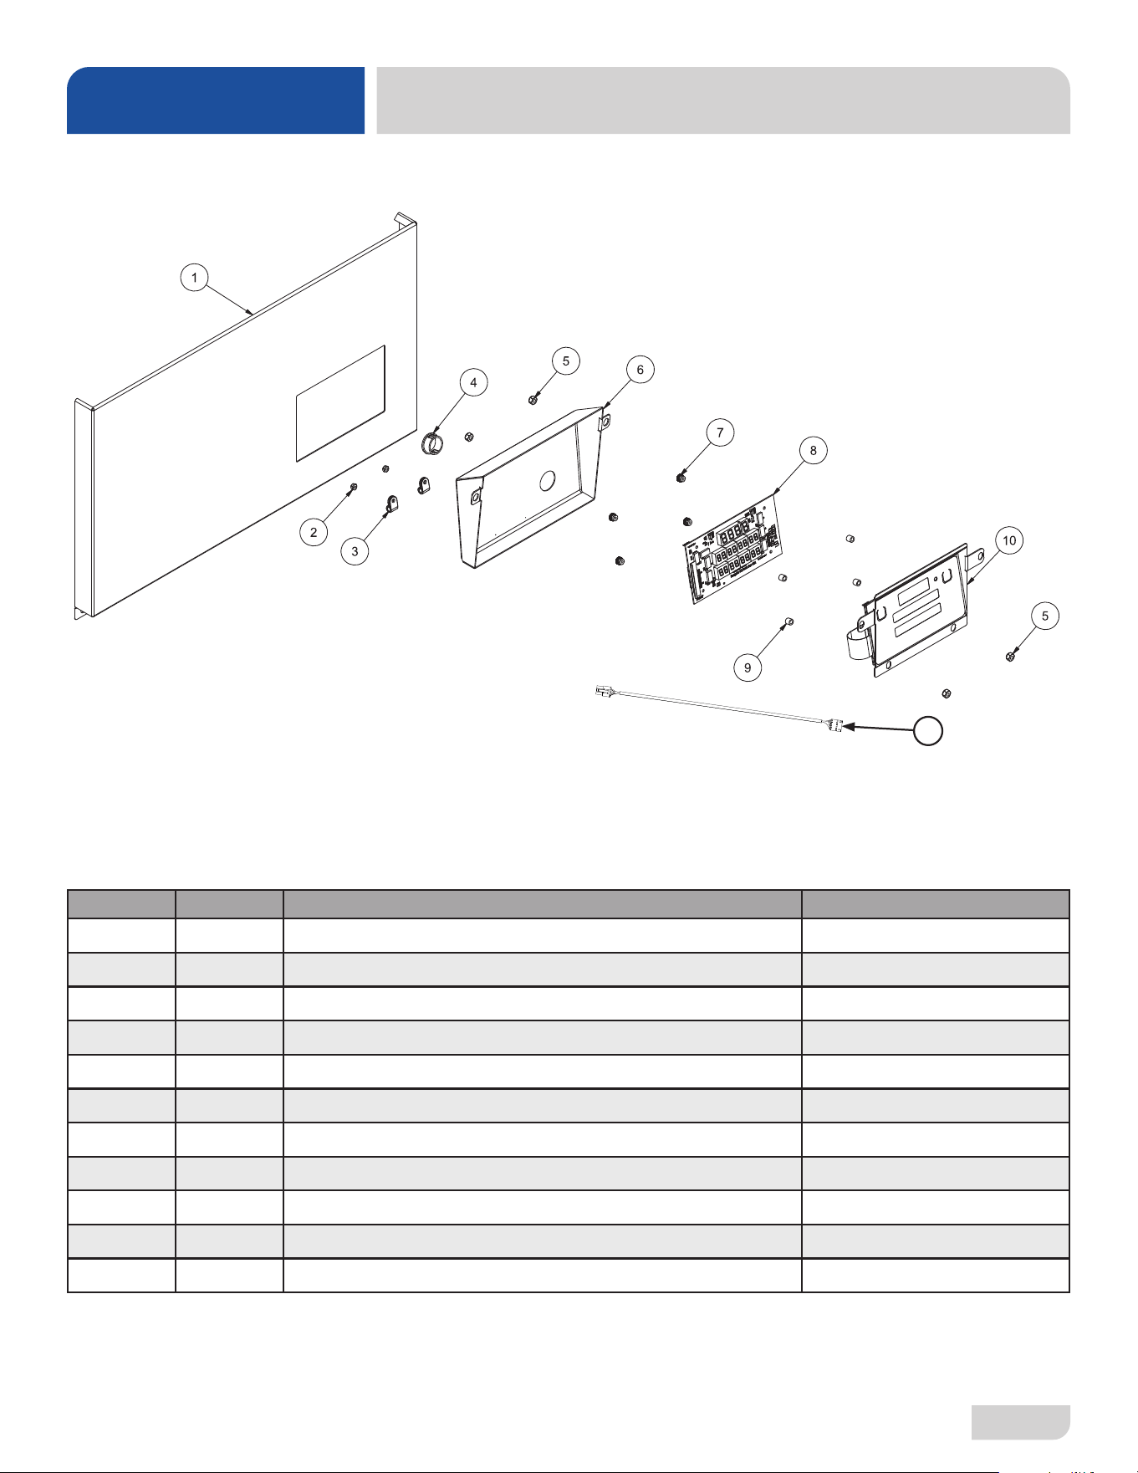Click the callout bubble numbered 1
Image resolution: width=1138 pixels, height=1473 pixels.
pyautogui.click(x=194, y=278)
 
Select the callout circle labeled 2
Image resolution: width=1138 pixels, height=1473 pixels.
pyautogui.click(x=314, y=532)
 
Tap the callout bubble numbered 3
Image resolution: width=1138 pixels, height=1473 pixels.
pyautogui.click(x=355, y=551)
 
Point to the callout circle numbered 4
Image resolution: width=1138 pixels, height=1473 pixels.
pyautogui.click(x=473, y=382)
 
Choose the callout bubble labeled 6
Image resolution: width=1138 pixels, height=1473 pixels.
pyautogui.click(x=640, y=370)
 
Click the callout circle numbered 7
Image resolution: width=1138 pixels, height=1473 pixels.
pyautogui.click(x=720, y=432)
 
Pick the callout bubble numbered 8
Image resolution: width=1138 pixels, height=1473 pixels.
pyautogui.click(x=813, y=450)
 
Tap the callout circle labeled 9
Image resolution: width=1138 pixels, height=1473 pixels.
pyautogui.click(x=748, y=667)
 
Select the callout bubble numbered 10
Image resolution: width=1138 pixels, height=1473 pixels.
pyautogui.click(x=1009, y=540)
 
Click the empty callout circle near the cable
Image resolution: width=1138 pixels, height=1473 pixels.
pyautogui.click(x=928, y=731)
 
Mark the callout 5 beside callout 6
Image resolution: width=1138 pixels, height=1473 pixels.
pyautogui.click(x=566, y=361)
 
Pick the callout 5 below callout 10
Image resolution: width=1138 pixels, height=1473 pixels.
pyautogui.click(x=1044, y=616)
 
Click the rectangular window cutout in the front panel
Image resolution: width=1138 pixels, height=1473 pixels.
pyautogui.click(x=341, y=403)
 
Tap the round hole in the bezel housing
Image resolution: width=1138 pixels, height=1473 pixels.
pyautogui.click(x=548, y=479)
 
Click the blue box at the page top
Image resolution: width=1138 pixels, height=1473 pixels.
pyautogui.click(x=216, y=100)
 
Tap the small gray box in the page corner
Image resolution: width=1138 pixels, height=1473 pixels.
pyautogui.click(x=1021, y=1422)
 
